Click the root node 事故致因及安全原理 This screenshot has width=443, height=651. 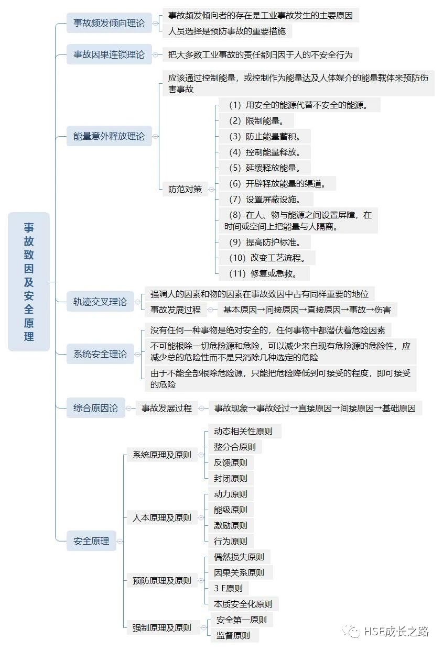click(x=29, y=282)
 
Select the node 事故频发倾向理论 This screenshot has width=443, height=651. click(x=109, y=23)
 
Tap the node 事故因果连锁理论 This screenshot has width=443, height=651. click(x=109, y=54)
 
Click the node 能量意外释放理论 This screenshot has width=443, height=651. click(x=109, y=136)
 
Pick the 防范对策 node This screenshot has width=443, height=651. click(x=185, y=189)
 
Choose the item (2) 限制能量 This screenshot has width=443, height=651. click(x=257, y=121)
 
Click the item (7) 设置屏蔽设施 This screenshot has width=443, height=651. click(x=266, y=200)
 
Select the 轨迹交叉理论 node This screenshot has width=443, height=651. click(x=100, y=302)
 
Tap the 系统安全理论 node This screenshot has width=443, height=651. click(x=100, y=354)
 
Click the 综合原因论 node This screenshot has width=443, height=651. click(x=96, y=408)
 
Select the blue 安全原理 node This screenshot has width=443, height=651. click(x=91, y=541)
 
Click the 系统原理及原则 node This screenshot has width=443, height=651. click(x=162, y=455)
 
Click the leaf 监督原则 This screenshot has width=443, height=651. click(x=233, y=636)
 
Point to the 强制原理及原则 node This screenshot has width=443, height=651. click(x=162, y=627)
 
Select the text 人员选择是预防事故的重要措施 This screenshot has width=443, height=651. click(x=227, y=31)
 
